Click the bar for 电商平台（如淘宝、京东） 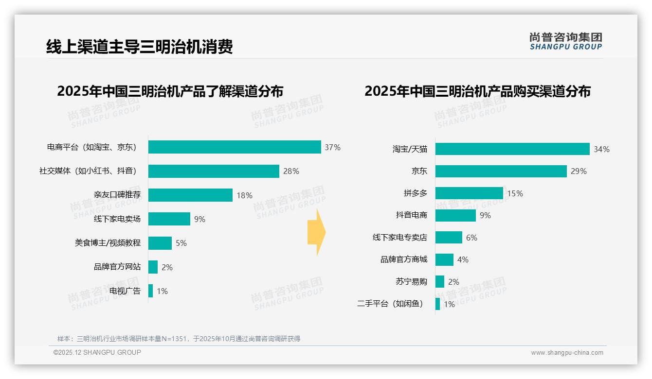click(x=235, y=147)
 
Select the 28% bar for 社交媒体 click(x=214, y=171)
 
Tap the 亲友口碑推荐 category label click(x=117, y=195)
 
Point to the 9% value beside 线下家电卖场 click(x=199, y=219)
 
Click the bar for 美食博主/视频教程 click(x=160, y=243)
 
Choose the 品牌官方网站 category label click(x=117, y=267)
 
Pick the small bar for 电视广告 click(x=151, y=291)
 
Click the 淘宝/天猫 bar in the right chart click(x=512, y=149)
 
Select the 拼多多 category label click(x=415, y=193)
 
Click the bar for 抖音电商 click(x=455, y=215)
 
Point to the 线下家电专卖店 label click(x=399, y=238)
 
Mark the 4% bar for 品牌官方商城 click(x=444, y=259)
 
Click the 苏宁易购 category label click(x=411, y=282)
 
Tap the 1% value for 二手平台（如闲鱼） click(x=449, y=305)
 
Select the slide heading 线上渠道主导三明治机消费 click(x=140, y=47)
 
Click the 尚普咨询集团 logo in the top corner click(x=565, y=41)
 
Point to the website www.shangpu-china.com click(x=567, y=353)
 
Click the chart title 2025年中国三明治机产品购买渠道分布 click(x=477, y=91)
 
